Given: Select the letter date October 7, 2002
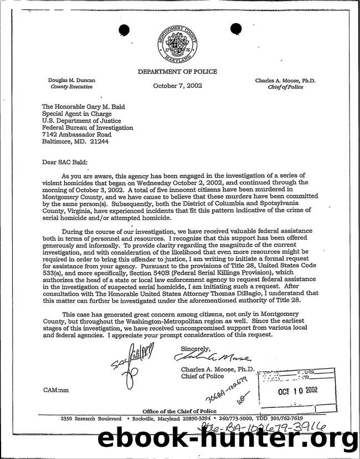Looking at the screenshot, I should click(178, 86).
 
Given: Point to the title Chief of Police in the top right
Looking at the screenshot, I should click(285, 87).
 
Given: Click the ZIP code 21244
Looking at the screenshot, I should click(99, 141).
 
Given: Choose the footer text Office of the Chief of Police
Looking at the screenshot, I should click(181, 410).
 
